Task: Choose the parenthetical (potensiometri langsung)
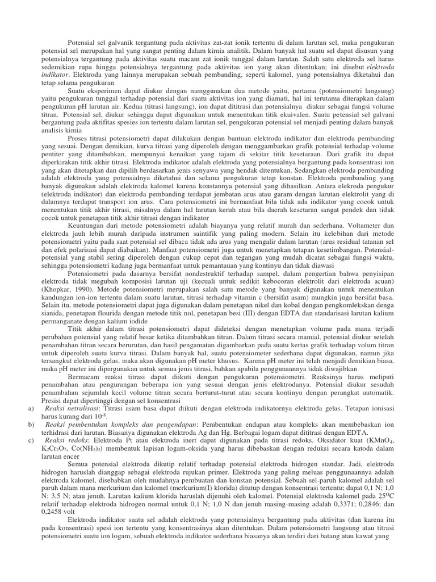click(353, 90)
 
